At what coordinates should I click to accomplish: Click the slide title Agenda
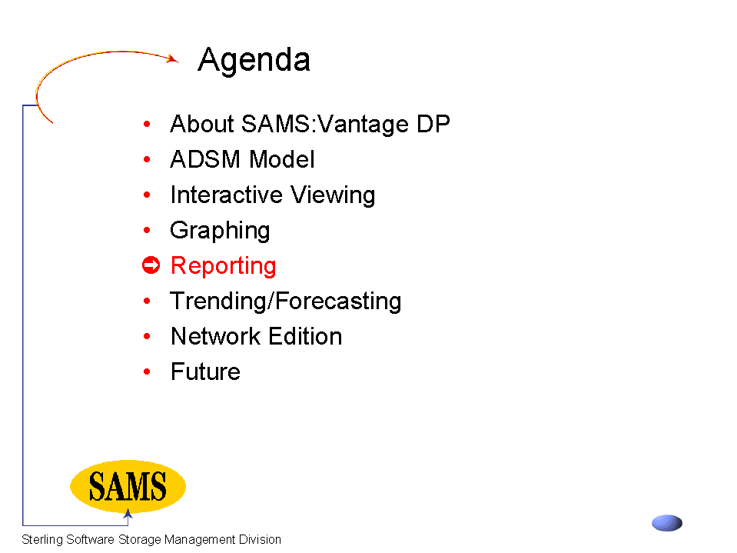point(254,61)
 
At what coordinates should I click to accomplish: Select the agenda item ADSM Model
point(242,159)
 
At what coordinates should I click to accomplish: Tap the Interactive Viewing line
point(273,195)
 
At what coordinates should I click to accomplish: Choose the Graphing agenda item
point(220,231)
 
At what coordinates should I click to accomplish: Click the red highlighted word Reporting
point(224,266)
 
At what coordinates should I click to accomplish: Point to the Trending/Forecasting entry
point(286,301)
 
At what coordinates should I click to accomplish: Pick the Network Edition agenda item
point(256,336)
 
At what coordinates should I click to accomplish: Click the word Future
point(205,371)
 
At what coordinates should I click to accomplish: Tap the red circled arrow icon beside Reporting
point(151,265)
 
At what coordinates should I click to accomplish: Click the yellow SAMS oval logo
point(128,486)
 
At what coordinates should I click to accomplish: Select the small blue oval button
point(667,523)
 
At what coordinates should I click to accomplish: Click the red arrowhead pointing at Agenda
point(173,58)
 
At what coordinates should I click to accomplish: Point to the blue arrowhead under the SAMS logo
point(128,514)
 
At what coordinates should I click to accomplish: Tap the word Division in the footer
point(260,539)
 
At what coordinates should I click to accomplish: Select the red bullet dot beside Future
point(147,371)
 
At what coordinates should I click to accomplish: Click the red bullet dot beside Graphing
point(147,230)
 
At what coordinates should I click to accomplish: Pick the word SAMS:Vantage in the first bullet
point(325,125)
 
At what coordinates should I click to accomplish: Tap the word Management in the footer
point(200,540)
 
